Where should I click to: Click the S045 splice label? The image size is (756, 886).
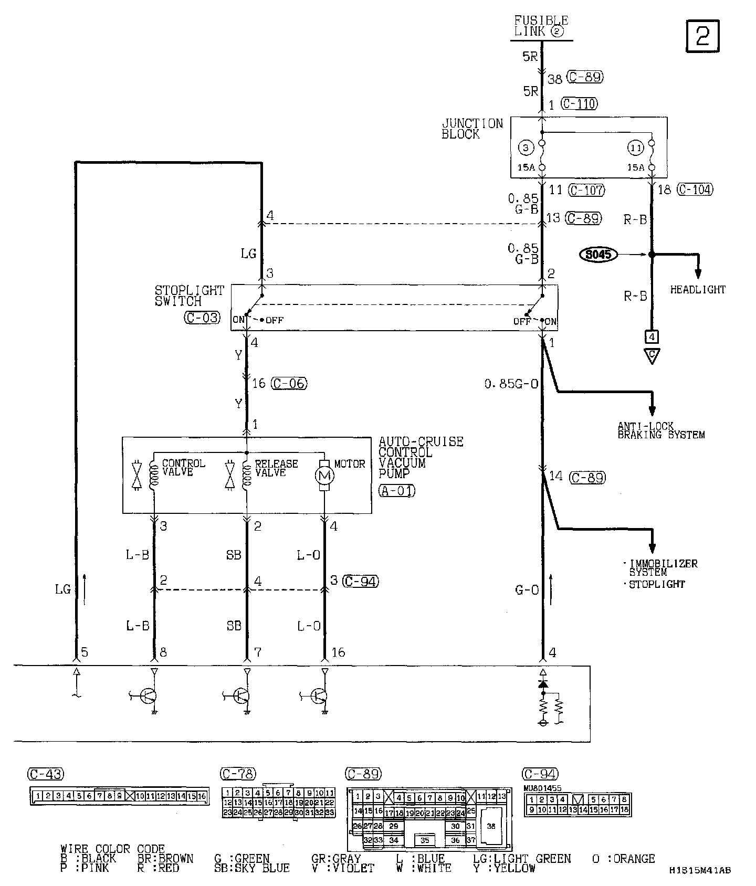[598, 255]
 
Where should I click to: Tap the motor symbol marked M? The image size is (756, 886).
[324, 476]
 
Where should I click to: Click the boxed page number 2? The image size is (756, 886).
[702, 36]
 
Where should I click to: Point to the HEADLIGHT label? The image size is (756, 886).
[698, 290]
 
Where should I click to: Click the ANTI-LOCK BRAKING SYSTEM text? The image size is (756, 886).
[660, 430]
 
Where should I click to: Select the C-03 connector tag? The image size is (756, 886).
[202, 318]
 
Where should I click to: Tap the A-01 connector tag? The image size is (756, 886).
[396, 491]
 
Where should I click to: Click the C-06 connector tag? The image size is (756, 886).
[289, 384]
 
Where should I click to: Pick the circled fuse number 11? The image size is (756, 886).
[636, 149]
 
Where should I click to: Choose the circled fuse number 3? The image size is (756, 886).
[526, 149]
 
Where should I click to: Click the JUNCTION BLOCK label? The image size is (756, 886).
[471, 129]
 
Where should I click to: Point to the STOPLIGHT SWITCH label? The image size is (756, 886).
[189, 296]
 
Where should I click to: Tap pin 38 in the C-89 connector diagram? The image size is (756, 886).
[491, 826]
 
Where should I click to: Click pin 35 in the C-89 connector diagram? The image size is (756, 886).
[425, 840]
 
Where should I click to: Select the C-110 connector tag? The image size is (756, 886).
[579, 104]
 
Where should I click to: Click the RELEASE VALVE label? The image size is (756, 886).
[276, 468]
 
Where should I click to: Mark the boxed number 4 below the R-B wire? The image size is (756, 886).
[652, 336]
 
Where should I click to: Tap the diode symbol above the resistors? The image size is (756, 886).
[543, 684]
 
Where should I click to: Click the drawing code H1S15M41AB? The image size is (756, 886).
[700, 870]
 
